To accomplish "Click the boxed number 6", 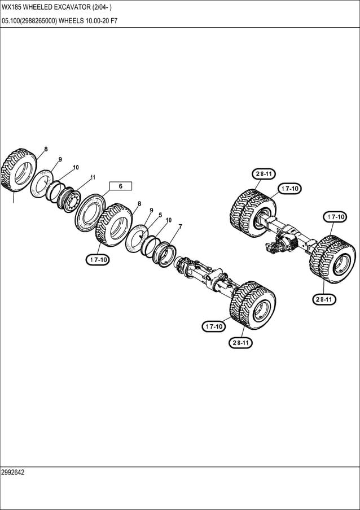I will tap(120, 186).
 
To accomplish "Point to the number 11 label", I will tap(93, 177).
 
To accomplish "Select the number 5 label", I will tap(160, 215).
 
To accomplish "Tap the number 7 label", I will tap(180, 226).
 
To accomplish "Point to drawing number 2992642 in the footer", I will tap(13, 472).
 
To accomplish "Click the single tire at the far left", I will tap(19, 169).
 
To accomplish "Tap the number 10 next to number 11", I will tap(76, 168).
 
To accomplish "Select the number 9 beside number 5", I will tap(151, 211).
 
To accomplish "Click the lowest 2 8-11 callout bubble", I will tap(240, 343).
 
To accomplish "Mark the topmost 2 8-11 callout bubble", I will tap(264, 174).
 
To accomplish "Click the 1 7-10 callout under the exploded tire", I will tap(98, 260).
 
